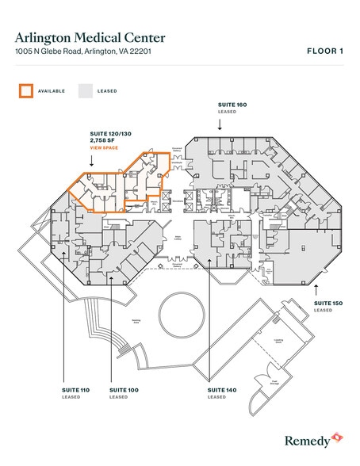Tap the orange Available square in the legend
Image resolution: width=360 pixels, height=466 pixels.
tap(26, 90)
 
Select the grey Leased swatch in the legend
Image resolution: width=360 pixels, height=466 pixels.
tap(84, 90)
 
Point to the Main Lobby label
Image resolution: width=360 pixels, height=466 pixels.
tap(178, 237)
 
